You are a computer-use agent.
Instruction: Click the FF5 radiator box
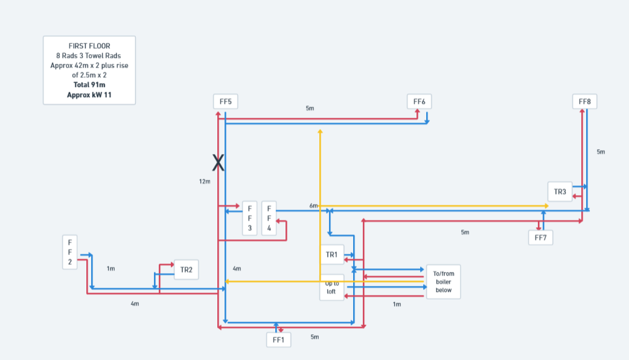coord(225,101)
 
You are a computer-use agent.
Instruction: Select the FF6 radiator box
coord(420,101)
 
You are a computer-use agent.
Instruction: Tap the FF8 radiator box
coord(584,101)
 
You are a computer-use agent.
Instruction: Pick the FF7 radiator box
coord(540,237)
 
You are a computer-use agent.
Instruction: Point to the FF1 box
coord(278,339)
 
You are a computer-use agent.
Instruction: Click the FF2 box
coord(69,252)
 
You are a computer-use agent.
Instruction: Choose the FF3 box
coord(249,218)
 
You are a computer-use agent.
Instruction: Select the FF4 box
coord(269,218)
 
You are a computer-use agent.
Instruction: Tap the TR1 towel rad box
coord(331,254)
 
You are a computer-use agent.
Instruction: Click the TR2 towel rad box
coord(186,269)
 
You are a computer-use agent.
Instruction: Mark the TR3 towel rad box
coord(560,191)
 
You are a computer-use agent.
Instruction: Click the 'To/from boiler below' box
coord(443,281)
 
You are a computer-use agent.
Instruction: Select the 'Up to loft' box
coord(331,288)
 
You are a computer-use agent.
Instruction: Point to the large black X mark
coord(218,162)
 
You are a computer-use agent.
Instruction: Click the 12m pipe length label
coord(205,181)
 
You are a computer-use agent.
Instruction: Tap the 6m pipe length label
coord(313,206)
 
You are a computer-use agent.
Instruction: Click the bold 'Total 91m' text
coord(89,85)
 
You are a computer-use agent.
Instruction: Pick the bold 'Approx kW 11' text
coord(89,95)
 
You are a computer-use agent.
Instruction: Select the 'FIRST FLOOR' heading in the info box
coord(89,45)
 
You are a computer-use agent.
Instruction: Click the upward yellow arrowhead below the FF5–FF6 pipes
coord(320,130)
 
